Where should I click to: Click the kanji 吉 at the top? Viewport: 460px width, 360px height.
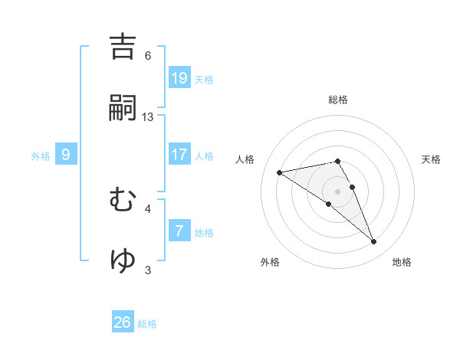pyautogui.click(x=123, y=47)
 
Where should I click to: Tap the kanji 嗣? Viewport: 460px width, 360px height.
pyautogui.click(x=123, y=109)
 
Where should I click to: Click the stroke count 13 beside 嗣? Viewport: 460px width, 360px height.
pyautogui.click(x=148, y=117)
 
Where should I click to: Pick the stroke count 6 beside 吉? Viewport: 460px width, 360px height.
pyautogui.click(x=148, y=56)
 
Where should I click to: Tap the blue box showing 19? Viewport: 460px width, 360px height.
pyautogui.click(x=179, y=77)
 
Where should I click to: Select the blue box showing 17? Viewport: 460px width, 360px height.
pyautogui.click(x=179, y=155)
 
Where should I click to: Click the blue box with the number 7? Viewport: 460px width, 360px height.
pyautogui.click(x=179, y=231)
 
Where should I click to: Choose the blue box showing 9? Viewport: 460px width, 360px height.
pyautogui.click(x=66, y=155)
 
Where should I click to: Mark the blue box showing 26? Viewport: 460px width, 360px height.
pyautogui.click(x=123, y=322)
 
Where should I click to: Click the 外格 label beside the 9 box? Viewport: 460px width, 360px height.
pyautogui.click(x=41, y=155)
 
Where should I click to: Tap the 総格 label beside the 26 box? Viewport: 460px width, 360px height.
pyautogui.click(x=148, y=324)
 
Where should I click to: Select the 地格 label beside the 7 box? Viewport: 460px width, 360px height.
pyautogui.click(x=204, y=232)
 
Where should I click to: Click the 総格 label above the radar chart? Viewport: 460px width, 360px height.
pyautogui.click(x=338, y=100)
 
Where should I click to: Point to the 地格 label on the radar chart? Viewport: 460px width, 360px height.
pyautogui.click(x=402, y=262)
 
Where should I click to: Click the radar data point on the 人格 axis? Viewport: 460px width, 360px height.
pyautogui.click(x=280, y=172)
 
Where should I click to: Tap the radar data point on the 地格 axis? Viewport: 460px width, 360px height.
pyautogui.click(x=374, y=242)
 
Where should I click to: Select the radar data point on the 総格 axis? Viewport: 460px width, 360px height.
pyautogui.click(x=337, y=161)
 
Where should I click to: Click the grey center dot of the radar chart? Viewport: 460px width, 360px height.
pyautogui.click(x=337, y=191)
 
